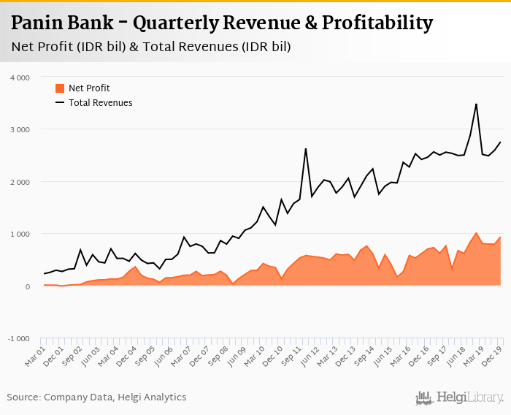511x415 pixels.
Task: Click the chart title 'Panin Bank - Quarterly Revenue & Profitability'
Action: pos(223,23)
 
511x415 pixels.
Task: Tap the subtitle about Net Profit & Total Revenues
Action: pos(151,47)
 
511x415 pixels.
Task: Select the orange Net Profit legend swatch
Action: pos(60,88)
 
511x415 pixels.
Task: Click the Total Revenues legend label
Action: pos(101,103)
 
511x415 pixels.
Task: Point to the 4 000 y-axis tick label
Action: pos(20,77)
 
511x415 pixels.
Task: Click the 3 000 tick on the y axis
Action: pos(20,129)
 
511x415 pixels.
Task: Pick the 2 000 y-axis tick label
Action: pos(20,182)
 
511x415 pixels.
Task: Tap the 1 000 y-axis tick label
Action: pos(20,234)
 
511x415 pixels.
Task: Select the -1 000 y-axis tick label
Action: pos(18,339)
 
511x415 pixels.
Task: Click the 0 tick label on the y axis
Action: pos(27,286)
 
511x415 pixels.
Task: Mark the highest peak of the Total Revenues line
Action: pos(476,104)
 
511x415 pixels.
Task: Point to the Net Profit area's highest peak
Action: pos(476,233)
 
